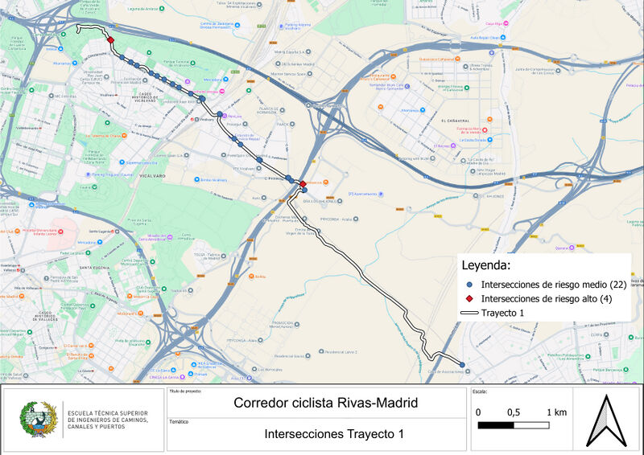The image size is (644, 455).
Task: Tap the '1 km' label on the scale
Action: point(557,412)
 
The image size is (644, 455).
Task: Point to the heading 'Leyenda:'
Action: point(486,264)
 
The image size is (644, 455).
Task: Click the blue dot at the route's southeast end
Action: point(462,365)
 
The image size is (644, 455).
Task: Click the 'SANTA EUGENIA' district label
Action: point(94,268)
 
